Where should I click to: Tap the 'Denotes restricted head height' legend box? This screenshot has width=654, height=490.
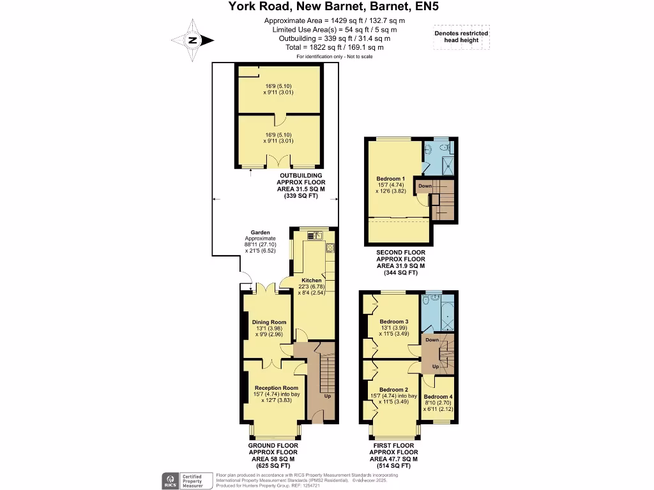[461, 37]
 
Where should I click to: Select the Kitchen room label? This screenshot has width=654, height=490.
[312, 280]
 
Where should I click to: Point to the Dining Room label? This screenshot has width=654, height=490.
[268, 322]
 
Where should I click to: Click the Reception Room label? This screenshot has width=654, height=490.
[276, 388]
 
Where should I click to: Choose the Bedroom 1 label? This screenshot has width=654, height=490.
[390, 179]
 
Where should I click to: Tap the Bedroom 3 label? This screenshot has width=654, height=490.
[393, 321]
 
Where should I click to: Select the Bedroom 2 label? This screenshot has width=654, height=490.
[393, 389]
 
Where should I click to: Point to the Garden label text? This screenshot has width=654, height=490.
[261, 233]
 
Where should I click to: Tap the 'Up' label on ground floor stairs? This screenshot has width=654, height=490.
[328, 396]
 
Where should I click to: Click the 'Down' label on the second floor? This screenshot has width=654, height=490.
[425, 186]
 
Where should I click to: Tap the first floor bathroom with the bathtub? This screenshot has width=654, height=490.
[438, 310]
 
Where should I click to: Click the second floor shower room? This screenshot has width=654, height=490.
[438, 156]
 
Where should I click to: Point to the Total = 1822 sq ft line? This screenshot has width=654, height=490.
[335, 47]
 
